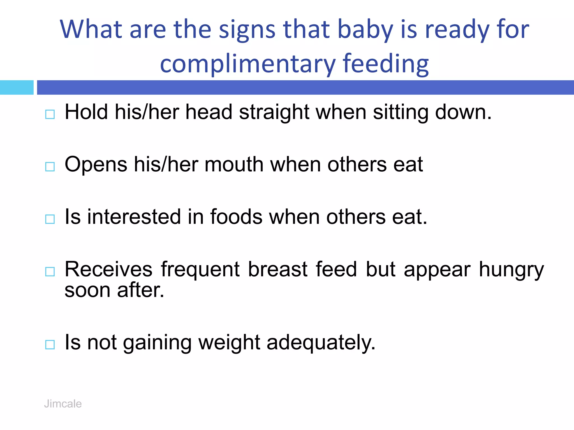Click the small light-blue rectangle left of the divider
(x=17, y=87)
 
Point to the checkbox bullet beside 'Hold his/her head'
(x=50, y=114)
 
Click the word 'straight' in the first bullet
(x=274, y=112)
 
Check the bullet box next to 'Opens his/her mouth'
(x=50, y=167)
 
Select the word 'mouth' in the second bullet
(x=234, y=164)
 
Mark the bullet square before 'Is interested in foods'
(x=50, y=219)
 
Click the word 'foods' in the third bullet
(x=236, y=217)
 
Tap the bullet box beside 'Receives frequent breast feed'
(x=50, y=271)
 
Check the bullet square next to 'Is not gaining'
(x=50, y=344)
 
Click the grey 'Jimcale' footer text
(x=63, y=404)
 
